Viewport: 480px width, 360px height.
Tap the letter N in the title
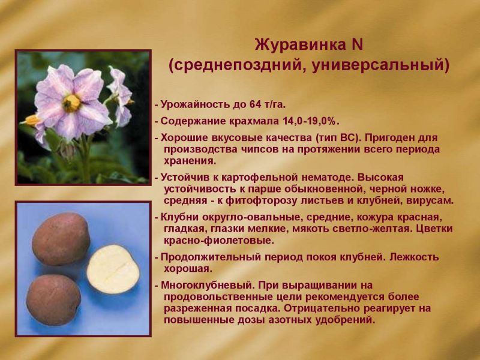pos(358,44)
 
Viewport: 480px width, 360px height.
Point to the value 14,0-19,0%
pos(309,121)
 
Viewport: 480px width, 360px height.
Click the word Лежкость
pos(414,257)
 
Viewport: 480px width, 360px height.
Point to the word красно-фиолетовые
pos(219,241)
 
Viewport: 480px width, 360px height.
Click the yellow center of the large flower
pos(71,103)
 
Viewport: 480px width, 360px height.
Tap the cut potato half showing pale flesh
pos(113,269)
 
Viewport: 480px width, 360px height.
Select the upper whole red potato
pos(61,239)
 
